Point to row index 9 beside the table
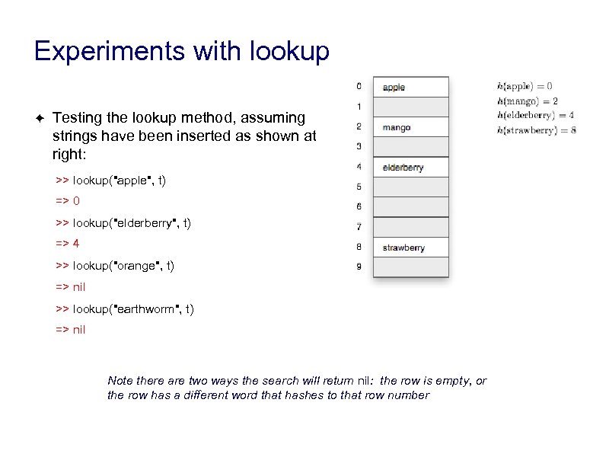click(359, 267)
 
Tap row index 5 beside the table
click(359, 187)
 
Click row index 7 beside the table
click(359, 227)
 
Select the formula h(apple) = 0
click(525, 86)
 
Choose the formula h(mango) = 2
click(528, 101)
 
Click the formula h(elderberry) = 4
click(535, 115)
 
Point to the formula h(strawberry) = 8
click(536, 129)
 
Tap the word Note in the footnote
click(120, 380)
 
